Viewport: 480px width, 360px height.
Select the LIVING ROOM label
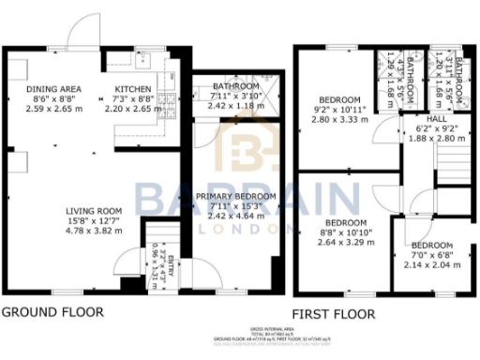(x=94, y=210)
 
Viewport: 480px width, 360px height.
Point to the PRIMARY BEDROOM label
(x=236, y=196)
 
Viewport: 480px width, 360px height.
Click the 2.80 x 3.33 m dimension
(x=338, y=121)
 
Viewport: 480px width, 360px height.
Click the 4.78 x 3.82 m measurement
(x=94, y=231)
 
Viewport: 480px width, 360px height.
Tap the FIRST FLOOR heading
(x=333, y=314)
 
